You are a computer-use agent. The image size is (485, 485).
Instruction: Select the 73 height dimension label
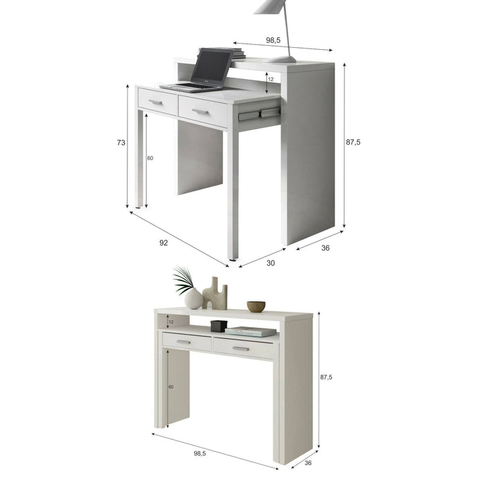point(121,143)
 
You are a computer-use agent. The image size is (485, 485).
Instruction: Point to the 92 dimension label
point(164,243)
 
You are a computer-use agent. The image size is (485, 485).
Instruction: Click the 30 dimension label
point(270,263)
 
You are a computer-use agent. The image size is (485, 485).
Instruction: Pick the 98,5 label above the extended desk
point(273,40)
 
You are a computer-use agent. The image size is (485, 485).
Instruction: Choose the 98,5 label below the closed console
point(200,453)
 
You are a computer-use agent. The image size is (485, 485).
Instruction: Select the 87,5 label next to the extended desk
point(353,142)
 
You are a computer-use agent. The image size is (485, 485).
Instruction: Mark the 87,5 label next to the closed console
point(326,378)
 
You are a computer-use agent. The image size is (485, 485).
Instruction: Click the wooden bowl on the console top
point(256,306)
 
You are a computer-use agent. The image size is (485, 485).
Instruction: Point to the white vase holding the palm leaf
point(193,299)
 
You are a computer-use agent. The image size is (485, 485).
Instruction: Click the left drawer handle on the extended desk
point(156,103)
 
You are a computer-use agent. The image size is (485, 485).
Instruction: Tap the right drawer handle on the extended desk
point(200,111)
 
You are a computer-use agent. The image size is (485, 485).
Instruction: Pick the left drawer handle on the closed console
point(184,342)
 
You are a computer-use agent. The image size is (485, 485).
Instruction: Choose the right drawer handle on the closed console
point(240,349)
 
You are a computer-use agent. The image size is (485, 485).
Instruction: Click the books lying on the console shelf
point(251,331)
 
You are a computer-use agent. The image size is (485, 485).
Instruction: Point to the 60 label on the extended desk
point(150,159)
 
